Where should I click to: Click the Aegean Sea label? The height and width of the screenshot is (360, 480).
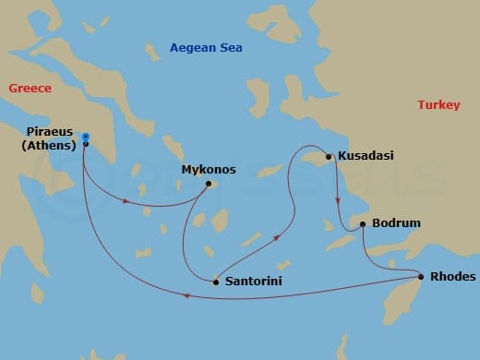pyautogui.click(x=206, y=48)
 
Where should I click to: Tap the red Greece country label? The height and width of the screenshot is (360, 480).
pyautogui.click(x=30, y=89)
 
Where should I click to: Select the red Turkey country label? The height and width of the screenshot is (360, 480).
pyautogui.click(x=438, y=105)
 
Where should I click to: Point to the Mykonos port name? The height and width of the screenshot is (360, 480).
pyautogui.click(x=209, y=170)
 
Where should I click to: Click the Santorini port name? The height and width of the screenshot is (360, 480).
pyautogui.click(x=252, y=281)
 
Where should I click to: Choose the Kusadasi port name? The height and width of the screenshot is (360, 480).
pyautogui.click(x=366, y=156)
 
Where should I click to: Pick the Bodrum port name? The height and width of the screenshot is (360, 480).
pyautogui.click(x=396, y=223)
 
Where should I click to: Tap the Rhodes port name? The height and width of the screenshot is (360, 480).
pyautogui.click(x=452, y=277)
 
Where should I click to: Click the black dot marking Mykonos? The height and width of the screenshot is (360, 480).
pyautogui.click(x=209, y=183)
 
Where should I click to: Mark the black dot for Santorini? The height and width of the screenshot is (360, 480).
pyautogui.click(x=216, y=281)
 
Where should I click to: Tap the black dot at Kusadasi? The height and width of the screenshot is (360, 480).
pyautogui.click(x=329, y=156)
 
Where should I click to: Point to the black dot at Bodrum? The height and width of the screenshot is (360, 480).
pyautogui.click(x=362, y=223)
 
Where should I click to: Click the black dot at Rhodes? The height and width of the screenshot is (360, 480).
pyautogui.click(x=421, y=277)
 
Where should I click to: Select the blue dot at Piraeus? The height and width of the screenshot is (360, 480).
pyautogui.click(x=85, y=136)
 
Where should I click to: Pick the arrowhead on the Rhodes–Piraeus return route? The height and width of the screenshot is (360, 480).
pyautogui.click(x=187, y=296)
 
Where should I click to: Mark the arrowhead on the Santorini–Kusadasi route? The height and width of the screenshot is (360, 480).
pyautogui.click(x=278, y=238)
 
